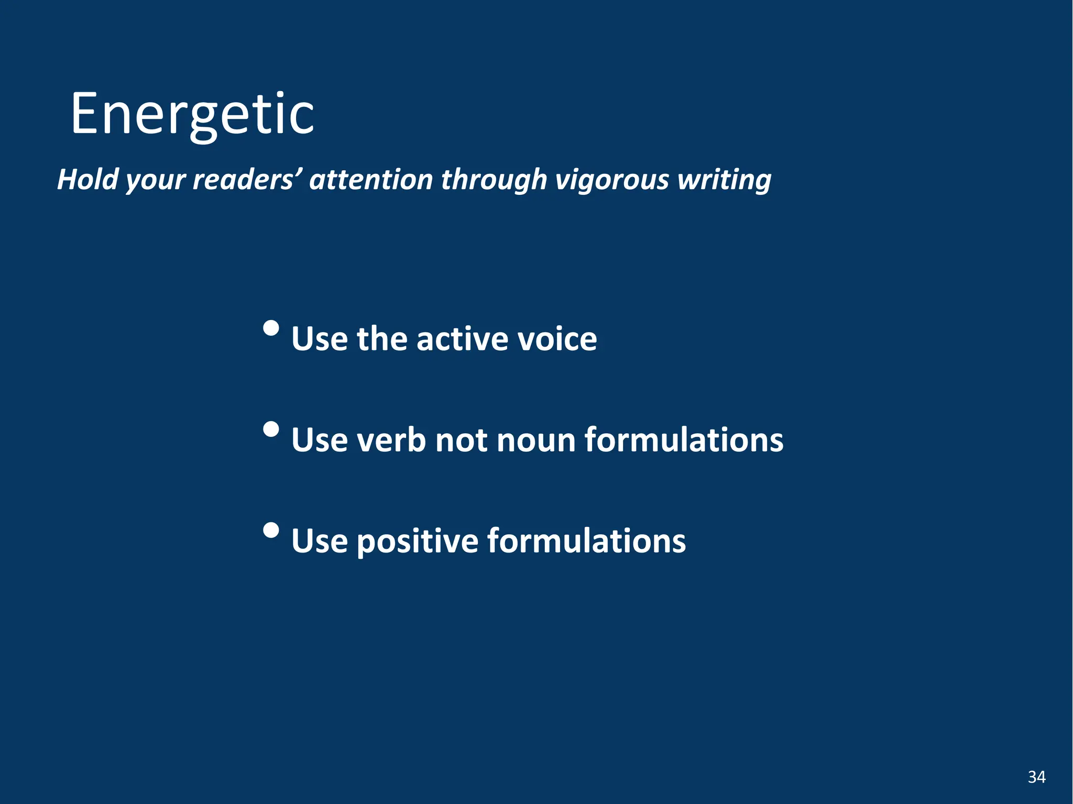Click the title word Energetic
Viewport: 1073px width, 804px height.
pos(192,114)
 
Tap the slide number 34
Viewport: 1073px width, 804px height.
pos(1036,777)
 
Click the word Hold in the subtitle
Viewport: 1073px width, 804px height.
pos(87,179)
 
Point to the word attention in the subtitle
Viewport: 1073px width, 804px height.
pos(370,179)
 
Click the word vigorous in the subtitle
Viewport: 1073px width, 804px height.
pos(611,179)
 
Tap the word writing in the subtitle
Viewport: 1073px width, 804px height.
pos(724,179)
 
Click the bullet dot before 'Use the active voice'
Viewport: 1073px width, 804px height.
pos(271,328)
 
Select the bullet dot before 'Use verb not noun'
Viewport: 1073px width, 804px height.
pos(271,429)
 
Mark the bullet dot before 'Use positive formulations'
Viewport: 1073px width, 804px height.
pos(271,531)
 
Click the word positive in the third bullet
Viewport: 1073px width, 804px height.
pos(417,541)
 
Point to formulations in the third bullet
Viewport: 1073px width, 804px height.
pos(586,541)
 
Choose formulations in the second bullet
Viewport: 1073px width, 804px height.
pos(684,440)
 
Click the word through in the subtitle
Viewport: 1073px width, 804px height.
pos(494,179)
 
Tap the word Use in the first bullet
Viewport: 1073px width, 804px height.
pos(319,339)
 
